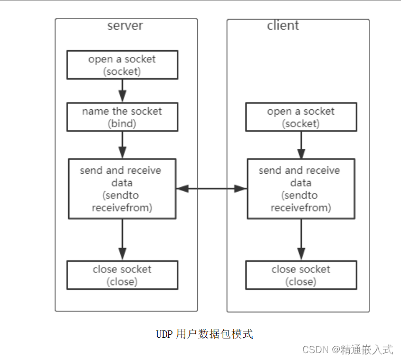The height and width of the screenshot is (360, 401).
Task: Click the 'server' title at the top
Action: pyautogui.click(x=125, y=26)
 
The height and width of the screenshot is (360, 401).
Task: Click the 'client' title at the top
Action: pyautogui.click(x=283, y=26)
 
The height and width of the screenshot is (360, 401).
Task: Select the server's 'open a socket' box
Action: pyautogui.click(x=122, y=65)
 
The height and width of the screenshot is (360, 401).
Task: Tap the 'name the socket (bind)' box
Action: pyautogui.click(x=122, y=117)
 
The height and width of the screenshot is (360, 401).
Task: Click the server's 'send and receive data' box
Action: pyautogui.click(x=122, y=188)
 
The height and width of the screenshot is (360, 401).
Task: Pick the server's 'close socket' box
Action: pyautogui.click(x=122, y=275)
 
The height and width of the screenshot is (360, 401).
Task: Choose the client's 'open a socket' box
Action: pyautogui.click(x=301, y=117)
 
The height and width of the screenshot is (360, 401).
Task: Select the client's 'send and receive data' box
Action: pyautogui.click(x=301, y=188)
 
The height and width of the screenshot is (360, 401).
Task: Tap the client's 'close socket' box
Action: pyautogui.click(x=301, y=275)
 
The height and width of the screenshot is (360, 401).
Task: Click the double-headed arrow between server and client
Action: pyautogui.click(x=212, y=188)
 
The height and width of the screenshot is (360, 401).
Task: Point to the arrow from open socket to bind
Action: pyautogui.click(x=122, y=91)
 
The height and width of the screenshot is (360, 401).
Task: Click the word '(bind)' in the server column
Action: pyautogui.click(x=122, y=124)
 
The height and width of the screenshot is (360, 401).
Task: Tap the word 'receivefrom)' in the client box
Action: pyautogui.click(x=301, y=207)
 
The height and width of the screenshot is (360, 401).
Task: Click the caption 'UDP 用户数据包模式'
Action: pyautogui.click(x=204, y=334)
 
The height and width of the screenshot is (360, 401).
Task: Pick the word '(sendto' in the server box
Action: pyautogui.click(x=122, y=195)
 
